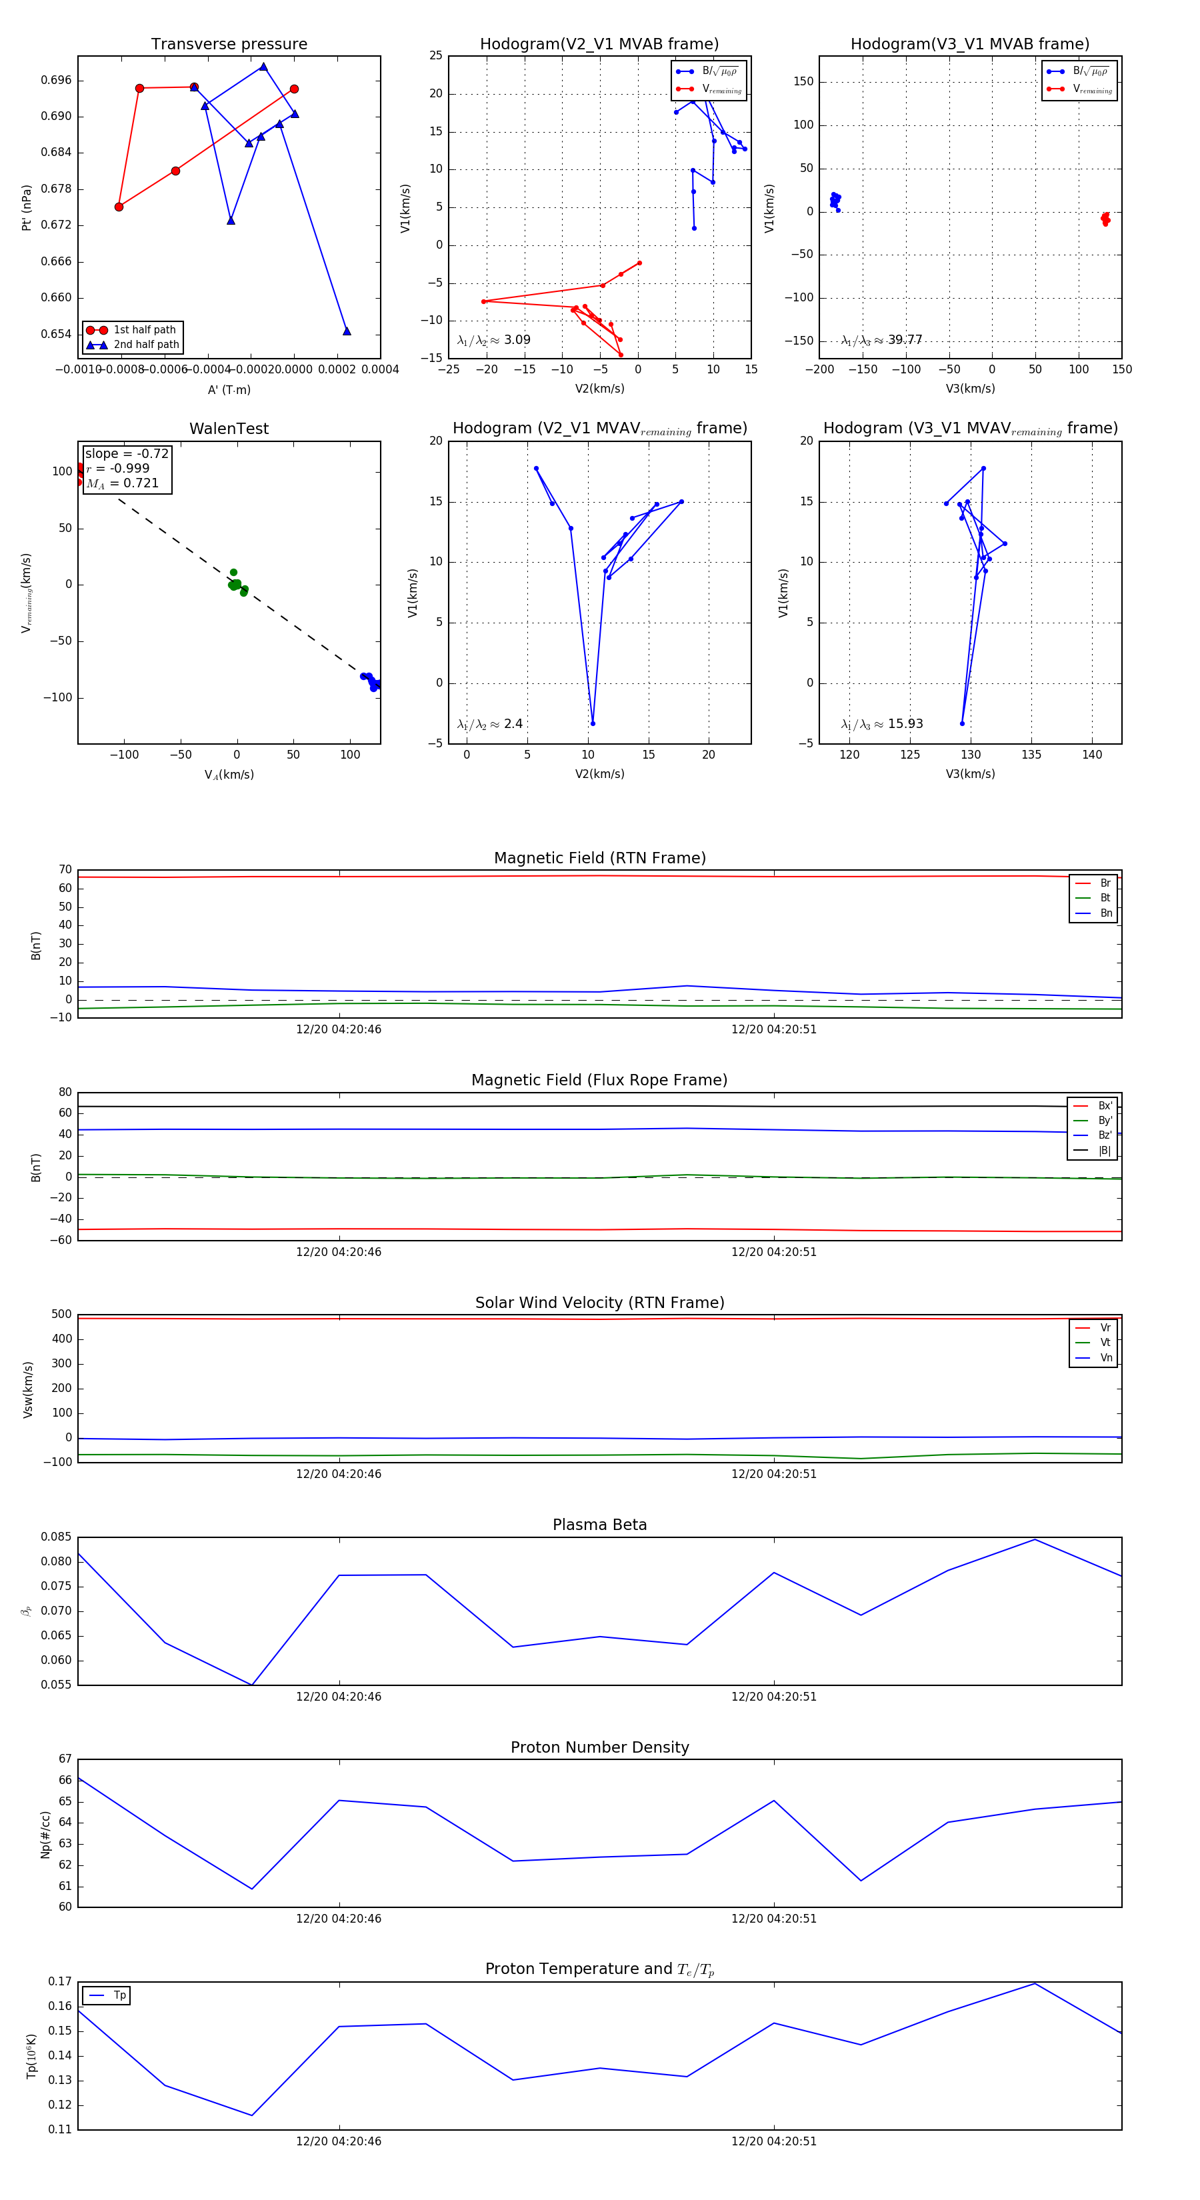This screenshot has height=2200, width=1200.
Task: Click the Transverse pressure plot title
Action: [229, 45]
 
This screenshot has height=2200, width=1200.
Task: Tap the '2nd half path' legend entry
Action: [146, 345]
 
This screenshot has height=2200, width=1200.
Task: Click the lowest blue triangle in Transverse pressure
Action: [347, 331]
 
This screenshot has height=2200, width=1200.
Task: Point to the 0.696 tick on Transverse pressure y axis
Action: [57, 80]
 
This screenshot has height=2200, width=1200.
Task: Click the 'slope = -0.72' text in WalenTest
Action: [127, 453]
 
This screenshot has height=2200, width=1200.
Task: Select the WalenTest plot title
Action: [229, 429]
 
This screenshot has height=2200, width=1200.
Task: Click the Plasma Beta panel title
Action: [599, 1525]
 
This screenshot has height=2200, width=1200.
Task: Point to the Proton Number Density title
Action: [599, 1747]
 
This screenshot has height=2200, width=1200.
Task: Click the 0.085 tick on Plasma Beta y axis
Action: [57, 1537]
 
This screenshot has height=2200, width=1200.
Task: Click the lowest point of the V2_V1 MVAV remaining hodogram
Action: [593, 723]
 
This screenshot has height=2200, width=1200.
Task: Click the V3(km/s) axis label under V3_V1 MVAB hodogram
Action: [969, 389]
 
